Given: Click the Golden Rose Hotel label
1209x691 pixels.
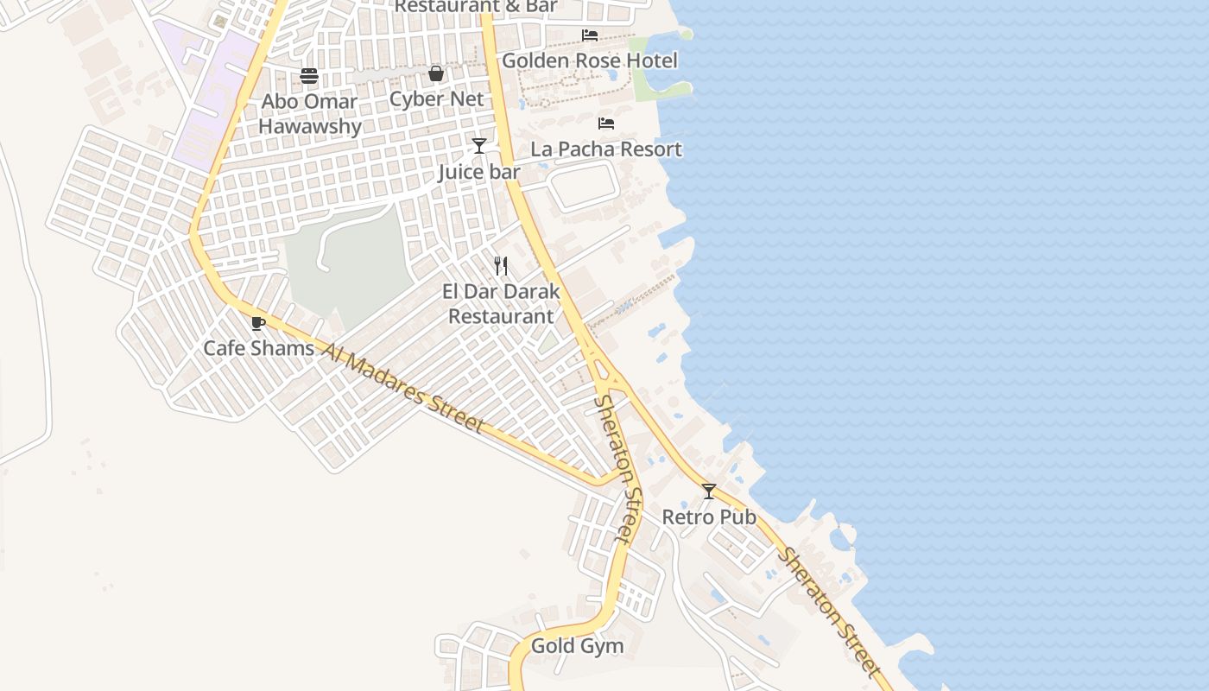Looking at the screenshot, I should (x=590, y=60).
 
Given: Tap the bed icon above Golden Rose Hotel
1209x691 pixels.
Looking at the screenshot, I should (x=590, y=35).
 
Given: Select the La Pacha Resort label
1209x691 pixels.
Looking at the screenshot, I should (x=606, y=149).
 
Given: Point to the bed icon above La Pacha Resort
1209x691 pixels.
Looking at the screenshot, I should (x=606, y=124).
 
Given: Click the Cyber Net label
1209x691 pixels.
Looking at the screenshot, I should (x=436, y=98).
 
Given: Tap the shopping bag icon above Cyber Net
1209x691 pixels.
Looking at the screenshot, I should (x=436, y=73).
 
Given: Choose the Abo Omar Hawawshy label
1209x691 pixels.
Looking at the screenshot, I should (x=309, y=113).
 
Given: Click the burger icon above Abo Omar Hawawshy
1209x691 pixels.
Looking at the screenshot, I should (x=309, y=76).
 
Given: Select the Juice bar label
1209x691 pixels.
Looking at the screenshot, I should (x=479, y=172).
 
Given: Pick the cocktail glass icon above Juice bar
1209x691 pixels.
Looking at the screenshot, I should (x=479, y=146).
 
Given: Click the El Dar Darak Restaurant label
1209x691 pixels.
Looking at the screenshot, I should (x=501, y=303).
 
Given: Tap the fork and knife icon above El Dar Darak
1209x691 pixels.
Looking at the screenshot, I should (x=501, y=265).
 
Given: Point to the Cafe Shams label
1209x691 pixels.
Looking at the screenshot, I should (x=258, y=348).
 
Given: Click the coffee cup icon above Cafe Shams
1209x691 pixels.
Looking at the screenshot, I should (x=257, y=323).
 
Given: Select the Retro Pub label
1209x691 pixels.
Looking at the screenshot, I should (x=709, y=517).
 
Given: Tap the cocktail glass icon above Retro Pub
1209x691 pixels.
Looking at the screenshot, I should (x=709, y=491).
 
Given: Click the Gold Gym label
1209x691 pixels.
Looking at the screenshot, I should (x=577, y=645).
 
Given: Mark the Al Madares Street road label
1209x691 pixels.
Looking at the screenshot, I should (x=402, y=385).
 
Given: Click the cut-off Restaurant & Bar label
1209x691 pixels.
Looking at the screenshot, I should (x=476, y=6).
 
